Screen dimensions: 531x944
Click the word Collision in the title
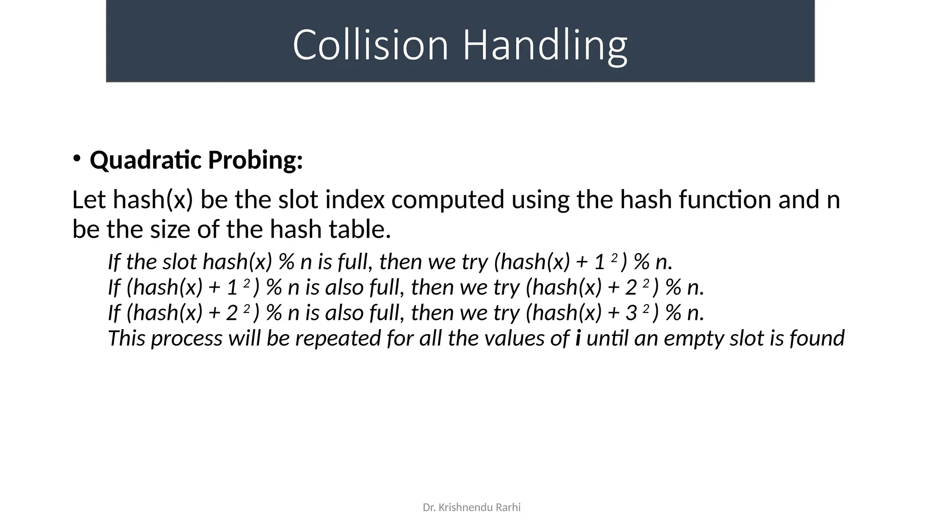[x=370, y=45]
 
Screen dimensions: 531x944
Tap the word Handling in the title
[x=544, y=45]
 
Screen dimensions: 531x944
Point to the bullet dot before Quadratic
[x=77, y=159]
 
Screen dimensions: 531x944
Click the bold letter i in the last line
[x=578, y=338]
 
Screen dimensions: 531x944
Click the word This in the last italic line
[x=126, y=338]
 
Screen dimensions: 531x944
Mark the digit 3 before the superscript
[x=631, y=313]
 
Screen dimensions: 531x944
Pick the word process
[x=187, y=338]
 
